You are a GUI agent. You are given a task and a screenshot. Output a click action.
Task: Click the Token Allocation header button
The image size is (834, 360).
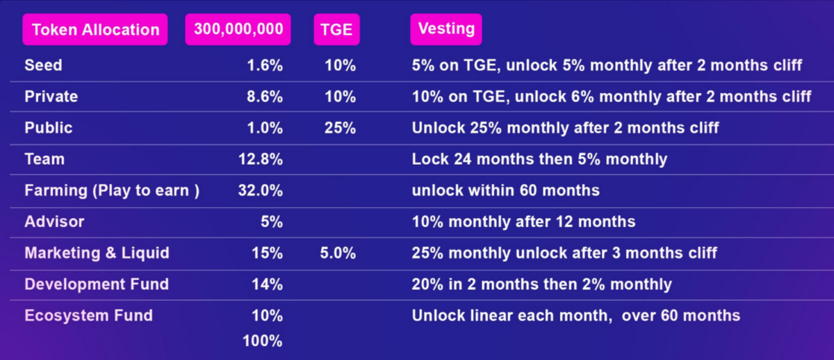coord(95,30)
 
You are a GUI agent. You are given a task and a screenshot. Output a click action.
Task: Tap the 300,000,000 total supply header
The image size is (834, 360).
coord(238,29)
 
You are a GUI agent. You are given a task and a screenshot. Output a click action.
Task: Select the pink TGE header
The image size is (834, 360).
coord(336,30)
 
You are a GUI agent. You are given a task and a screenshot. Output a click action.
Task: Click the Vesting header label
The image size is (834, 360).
coord(446,29)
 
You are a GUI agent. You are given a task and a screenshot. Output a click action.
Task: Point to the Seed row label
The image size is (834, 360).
coord(43,65)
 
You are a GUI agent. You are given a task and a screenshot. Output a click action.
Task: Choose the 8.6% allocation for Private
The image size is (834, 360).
coord(265,97)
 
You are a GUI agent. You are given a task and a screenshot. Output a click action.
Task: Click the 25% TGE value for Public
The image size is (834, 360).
coord(340,128)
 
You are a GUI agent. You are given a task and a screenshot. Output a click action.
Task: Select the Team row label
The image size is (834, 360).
coord(44,159)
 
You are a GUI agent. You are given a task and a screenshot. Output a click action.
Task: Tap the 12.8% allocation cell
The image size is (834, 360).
coord(261,159)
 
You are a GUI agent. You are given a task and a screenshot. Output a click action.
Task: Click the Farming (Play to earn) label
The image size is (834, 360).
coord(112,190)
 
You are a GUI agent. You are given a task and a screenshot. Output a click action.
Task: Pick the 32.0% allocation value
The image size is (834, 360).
coord(261,190)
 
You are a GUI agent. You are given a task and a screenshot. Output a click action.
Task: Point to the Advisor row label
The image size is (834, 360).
coord(54,222)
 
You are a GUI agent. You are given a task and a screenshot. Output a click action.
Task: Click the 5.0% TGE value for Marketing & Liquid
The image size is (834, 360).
coord(338,253)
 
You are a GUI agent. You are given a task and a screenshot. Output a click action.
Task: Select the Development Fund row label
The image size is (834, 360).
coord(97,284)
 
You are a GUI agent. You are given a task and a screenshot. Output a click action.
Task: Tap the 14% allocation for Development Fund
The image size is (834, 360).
coord(267,284)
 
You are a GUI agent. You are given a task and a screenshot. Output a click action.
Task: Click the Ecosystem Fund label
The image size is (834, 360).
coord(88,316)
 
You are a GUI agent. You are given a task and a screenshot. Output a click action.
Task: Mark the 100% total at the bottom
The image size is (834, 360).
coord(263,341)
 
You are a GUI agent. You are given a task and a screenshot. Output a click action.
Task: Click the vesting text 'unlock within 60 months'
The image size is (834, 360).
coord(505,190)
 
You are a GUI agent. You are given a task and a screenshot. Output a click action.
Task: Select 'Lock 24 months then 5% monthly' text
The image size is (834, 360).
coord(539,159)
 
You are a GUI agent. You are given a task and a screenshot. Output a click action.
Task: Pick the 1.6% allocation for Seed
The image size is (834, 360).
coord(265,65)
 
